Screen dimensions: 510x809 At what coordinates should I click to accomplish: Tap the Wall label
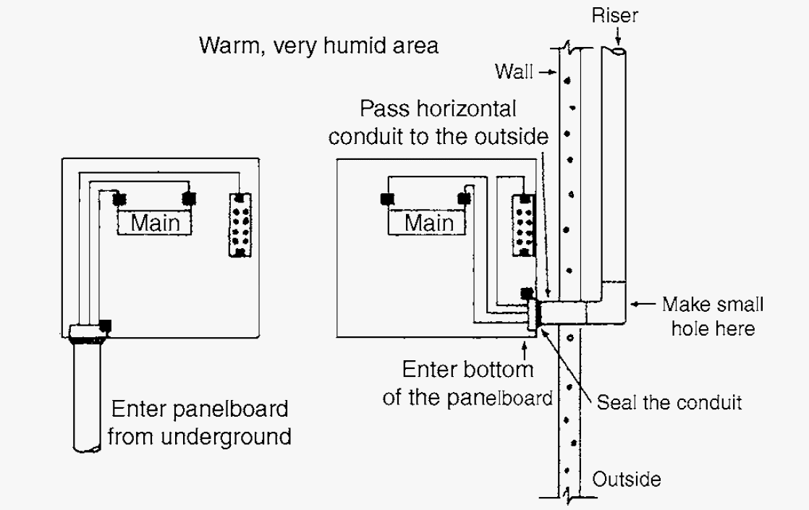[514, 71]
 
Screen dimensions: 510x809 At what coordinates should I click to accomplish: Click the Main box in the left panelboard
[156, 222]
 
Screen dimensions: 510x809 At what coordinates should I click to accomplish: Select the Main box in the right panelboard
[429, 222]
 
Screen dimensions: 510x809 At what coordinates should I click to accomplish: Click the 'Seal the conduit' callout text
[669, 402]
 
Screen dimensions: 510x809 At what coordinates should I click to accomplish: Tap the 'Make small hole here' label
[713, 315]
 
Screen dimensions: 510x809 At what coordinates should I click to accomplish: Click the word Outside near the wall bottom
[627, 479]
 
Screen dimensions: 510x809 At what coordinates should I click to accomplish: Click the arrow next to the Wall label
[548, 72]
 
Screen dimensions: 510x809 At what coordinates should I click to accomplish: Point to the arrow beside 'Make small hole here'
[643, 305]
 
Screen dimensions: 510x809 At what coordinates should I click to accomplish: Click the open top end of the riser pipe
[617, 51]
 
